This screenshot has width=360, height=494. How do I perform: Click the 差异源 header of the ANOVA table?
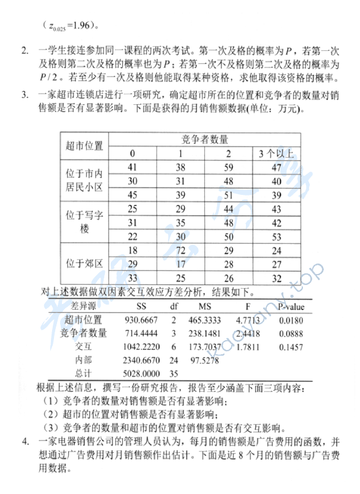[x=83, y=305]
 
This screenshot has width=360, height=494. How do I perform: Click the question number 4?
[x=25, y=441]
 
